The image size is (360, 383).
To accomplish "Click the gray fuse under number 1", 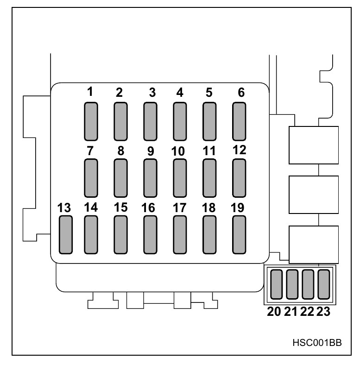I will pyautogui.click(x=91, y=121).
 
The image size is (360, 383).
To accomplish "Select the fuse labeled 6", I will pyautogui.click(x=239, y=121).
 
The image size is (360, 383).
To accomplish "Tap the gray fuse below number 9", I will pyautogui.click(x=150, y=178).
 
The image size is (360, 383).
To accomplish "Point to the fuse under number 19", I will pyautogui.click(x=239, y=235).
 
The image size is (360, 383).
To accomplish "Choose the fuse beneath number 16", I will pyautogui.click(x=150, y=235).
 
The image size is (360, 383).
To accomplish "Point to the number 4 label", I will pyautogui.click(x=180, y=93).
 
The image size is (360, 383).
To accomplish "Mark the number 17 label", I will pyautogui.click(x=179, y=208).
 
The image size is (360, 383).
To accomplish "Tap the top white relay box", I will pyautogui.click(x=314, y=144).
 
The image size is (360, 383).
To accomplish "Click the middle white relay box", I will pyautogui.click(x=314, y=195).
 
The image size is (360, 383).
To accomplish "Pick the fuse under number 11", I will pyautogui.click(x=209, y=178).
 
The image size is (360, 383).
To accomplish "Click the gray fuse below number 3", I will pyautogui.click(x=150, y=121).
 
